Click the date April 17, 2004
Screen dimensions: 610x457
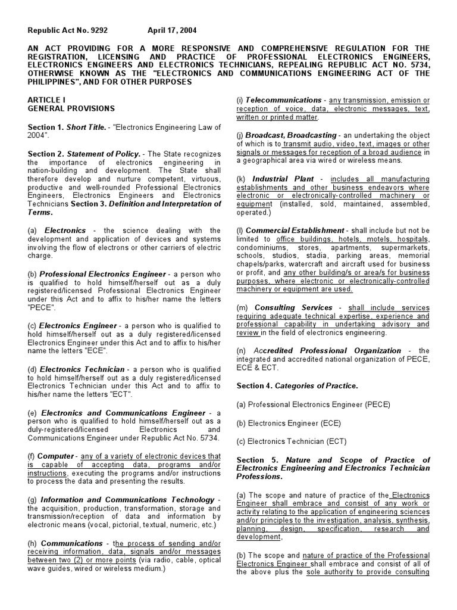tap(173, 30)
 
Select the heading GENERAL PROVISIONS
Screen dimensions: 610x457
tap(64, 109)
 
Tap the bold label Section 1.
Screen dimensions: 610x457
tap(46, 127)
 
